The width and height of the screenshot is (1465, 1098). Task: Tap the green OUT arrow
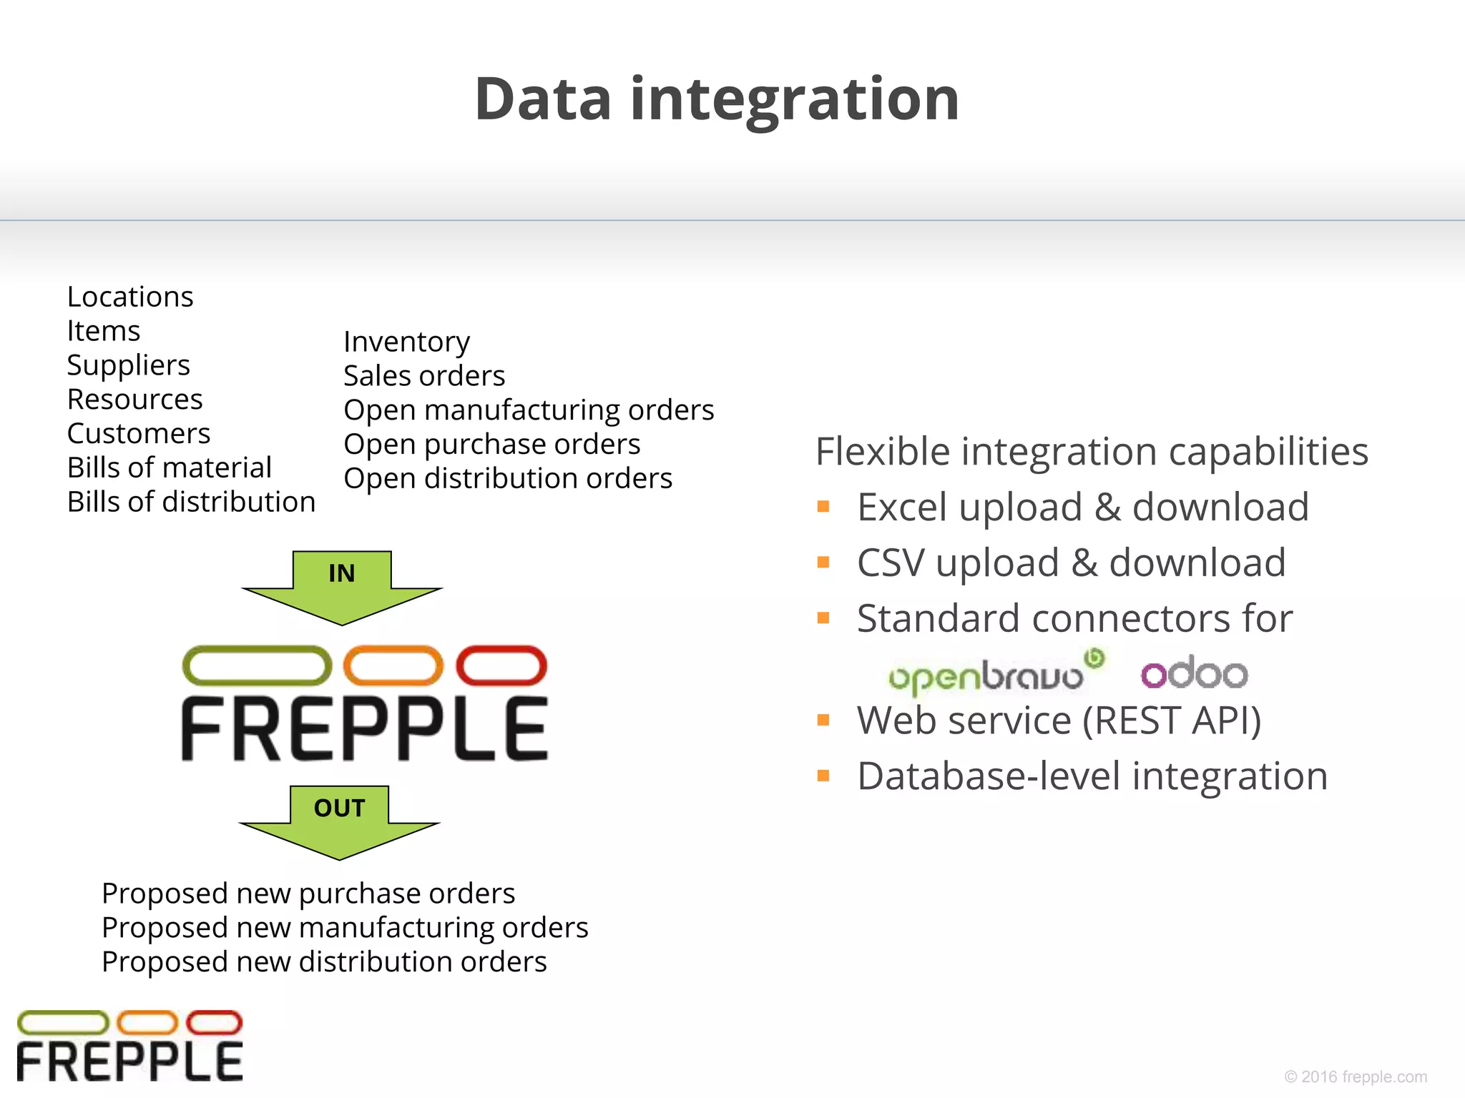[339, 819]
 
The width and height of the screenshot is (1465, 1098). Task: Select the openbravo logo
[994, 673]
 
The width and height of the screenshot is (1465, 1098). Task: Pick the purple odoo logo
[1194, 673]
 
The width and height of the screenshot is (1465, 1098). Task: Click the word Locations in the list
[130, 297]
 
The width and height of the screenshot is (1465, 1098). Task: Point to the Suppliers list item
[129, 365]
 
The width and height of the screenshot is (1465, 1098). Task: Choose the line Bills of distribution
[191, 502]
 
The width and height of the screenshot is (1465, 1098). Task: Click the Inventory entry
[406, 342]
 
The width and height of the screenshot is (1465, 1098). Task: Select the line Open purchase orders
[491, 445]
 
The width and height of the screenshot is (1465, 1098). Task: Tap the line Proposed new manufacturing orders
[345, 928]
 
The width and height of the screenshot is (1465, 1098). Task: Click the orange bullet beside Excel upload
[823, 507]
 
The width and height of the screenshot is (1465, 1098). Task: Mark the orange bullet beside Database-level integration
[823, 776]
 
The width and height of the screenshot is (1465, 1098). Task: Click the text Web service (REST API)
[1059, 721]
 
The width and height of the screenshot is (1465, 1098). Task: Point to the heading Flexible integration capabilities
[1092, 452]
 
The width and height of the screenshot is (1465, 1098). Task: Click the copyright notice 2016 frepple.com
[1355, 1077]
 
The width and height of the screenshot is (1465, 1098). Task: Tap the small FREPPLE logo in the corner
[129, 1046]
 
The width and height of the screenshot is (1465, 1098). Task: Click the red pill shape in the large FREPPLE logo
[501, 666]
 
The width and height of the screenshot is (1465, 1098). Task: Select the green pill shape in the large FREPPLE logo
[258, 666]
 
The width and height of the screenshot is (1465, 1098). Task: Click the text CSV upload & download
[1071, 563]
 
